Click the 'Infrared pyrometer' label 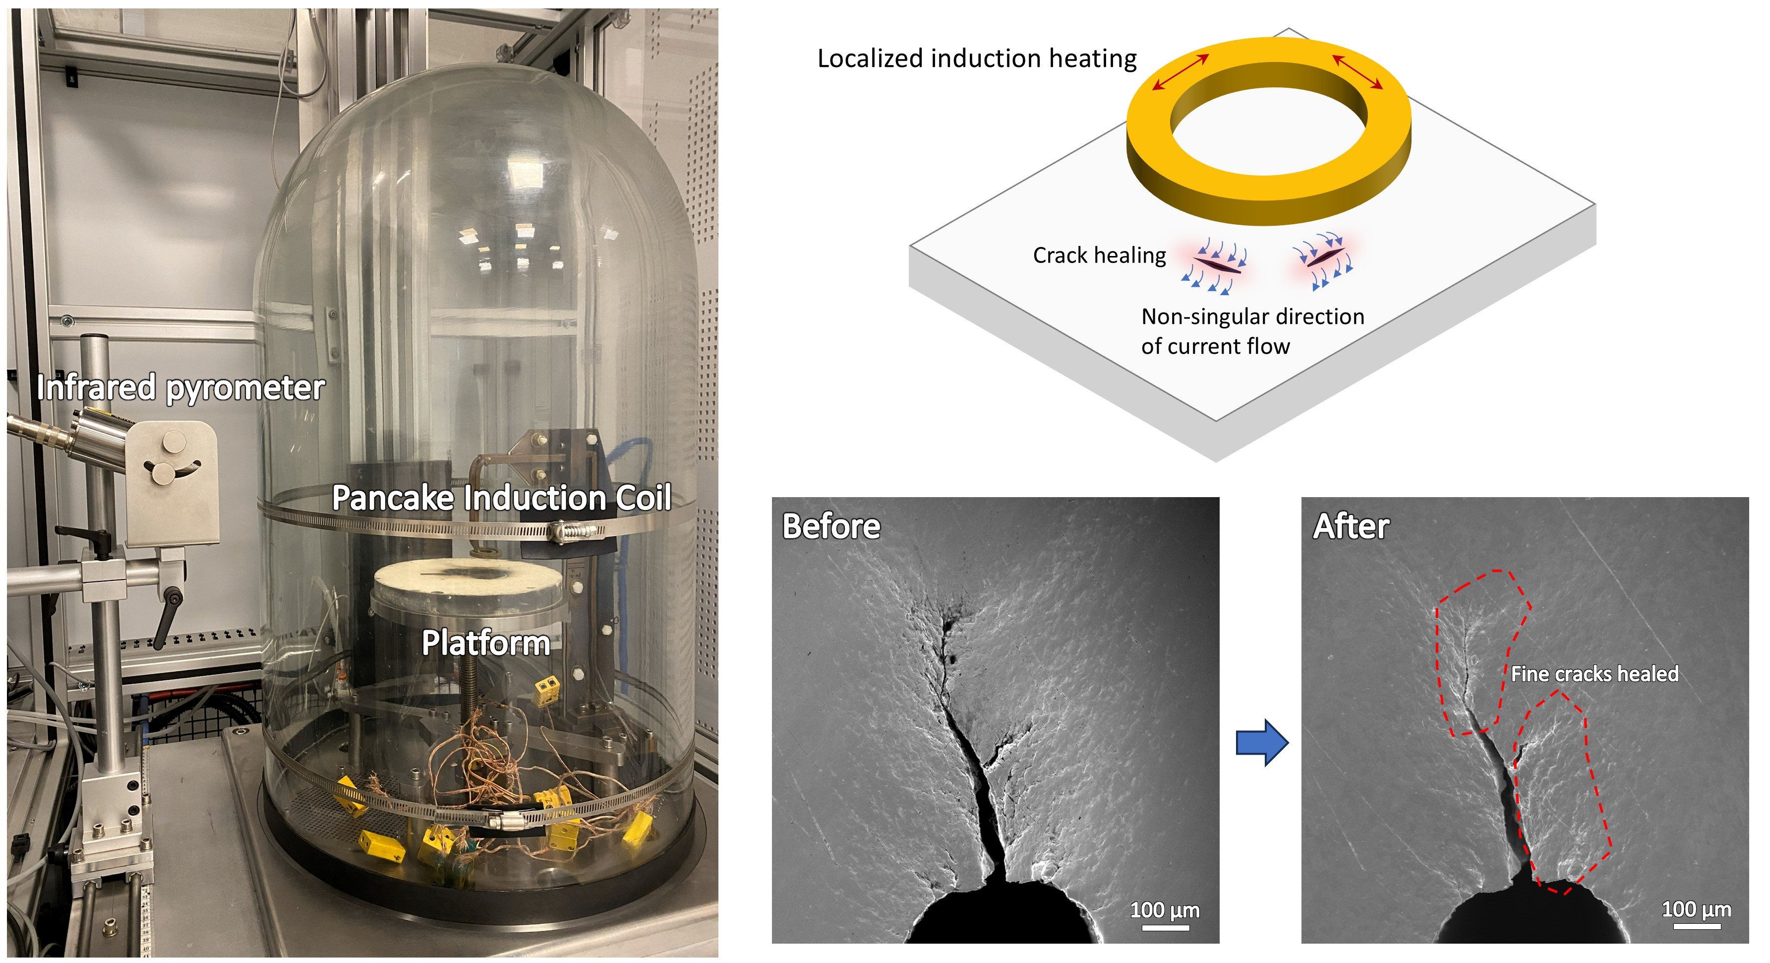[180, 387]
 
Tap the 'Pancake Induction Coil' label [501, 498]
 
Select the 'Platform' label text [485, 642]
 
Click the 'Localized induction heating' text [976, 59]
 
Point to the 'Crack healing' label [1099, 255]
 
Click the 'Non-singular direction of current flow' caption [1252, 330]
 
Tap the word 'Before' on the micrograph [831, 526]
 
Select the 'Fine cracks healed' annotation [1594, 674]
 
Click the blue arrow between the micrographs [1261, 742]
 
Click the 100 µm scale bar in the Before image [1165, 927]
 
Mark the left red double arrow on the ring [1180, 72]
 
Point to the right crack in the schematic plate [1321, 258]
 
